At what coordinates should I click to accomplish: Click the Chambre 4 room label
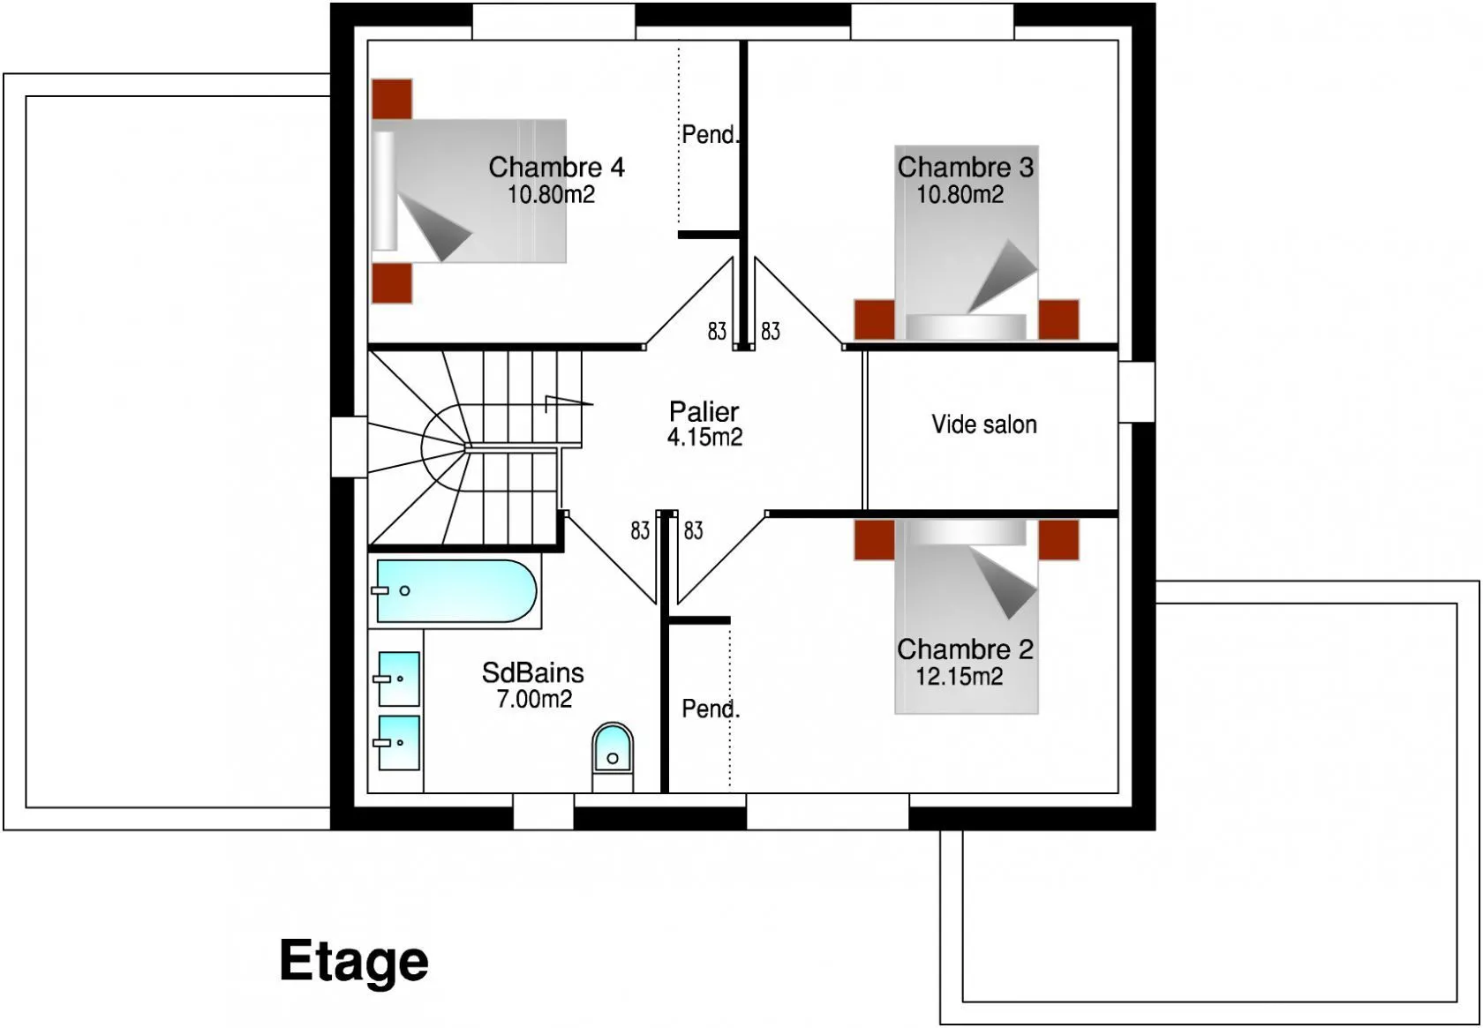pos(556,167)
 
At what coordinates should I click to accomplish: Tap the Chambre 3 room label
pos(965,167)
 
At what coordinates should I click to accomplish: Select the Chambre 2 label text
pos(965,649)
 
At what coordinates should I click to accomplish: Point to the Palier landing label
pos(704,412)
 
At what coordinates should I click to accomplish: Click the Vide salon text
pos(983,424)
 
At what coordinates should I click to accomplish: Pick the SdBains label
pos(533,673)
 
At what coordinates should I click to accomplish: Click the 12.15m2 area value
pos(960,677)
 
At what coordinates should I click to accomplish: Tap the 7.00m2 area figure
pos(534,699)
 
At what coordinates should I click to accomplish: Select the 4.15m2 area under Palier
pos(704,437)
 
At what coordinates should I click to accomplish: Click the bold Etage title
pos(353,961)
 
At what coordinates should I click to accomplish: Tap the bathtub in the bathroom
pos(456,591)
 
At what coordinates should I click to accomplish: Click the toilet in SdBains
pos(613,756)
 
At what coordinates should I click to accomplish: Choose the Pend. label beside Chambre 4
pos(710,135)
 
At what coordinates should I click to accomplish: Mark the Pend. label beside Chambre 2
pos(711,709)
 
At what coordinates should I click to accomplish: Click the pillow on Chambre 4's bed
pos(384,191)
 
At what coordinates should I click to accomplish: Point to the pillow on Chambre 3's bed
pos(966,327)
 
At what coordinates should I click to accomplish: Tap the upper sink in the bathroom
pos(399,679)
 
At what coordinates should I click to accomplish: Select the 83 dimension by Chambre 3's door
pos(770,331)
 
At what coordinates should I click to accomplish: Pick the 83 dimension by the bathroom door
pos(639,531)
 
